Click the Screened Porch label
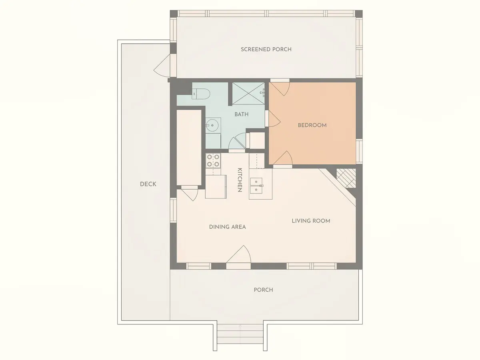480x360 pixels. point(266,49)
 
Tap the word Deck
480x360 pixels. point(148,184)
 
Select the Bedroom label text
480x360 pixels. point(312,125)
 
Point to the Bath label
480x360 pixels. point(242,114)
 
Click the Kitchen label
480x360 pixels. point(240,180)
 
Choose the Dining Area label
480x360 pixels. point(228,227)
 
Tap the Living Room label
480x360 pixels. point(311,221)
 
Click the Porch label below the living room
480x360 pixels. point(263,290)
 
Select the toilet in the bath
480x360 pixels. point(201,94)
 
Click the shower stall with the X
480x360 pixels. point(248,94)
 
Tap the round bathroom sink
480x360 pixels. point(212,125)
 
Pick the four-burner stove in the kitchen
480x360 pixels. point(213,161)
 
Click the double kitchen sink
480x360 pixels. point(256,186)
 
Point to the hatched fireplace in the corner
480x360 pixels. point(346,178)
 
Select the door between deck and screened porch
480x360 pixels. point(162,65)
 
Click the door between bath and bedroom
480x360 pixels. point(273,119)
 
